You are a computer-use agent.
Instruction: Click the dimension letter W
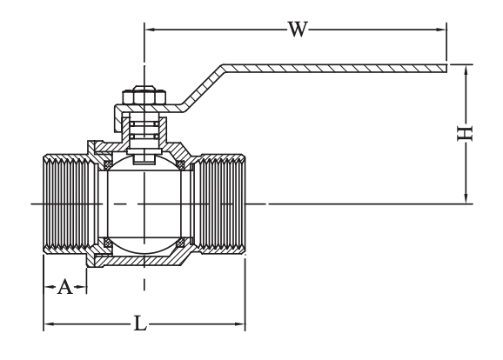(298, 30)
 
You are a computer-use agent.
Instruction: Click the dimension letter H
(465, 133)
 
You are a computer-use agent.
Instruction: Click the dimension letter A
(65, 287)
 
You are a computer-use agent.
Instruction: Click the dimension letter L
(140, 323)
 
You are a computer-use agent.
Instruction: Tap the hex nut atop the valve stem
(144, 95)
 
